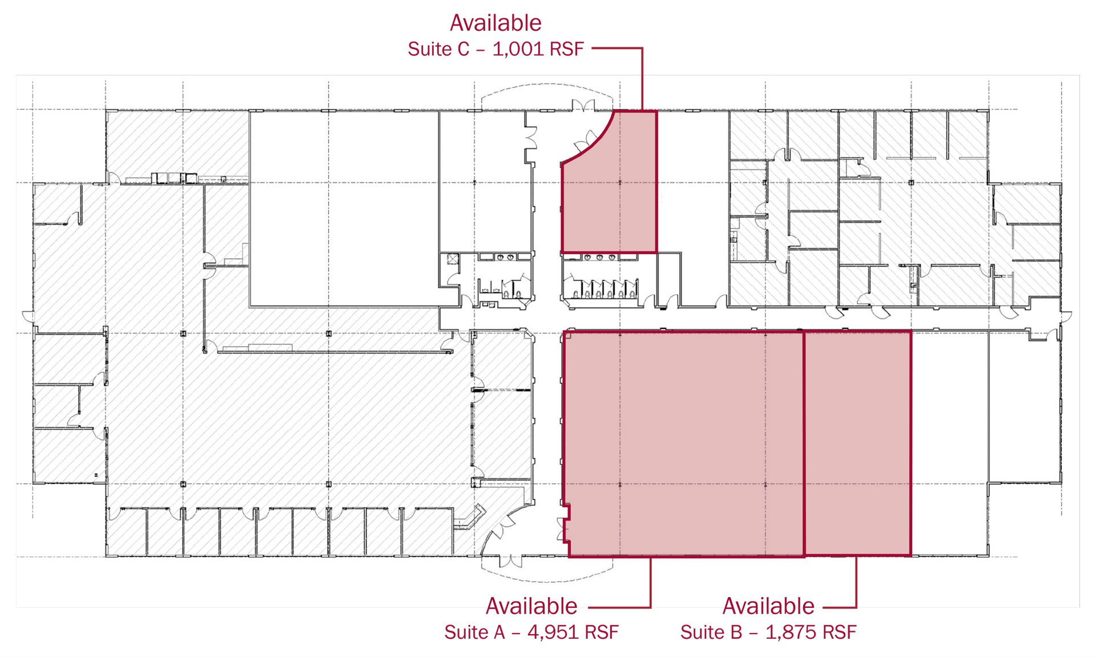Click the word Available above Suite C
pyautogui.click(x=495, y=23)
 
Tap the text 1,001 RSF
pyautogui.click(x=538, y=49)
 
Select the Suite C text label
pyautogui.click(x=438, y=49)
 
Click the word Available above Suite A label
pyautogui.click(x=531, y=606)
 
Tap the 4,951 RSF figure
pyautogui.click(x=573, y=632)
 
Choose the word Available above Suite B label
pyautogui.click(x=768, y=606)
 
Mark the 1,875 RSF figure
pyautogui.click(x=811, y=632)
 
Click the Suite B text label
pyautogui.click(x=711, y=632)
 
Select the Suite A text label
pyautogui.click(x=474, y=632)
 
